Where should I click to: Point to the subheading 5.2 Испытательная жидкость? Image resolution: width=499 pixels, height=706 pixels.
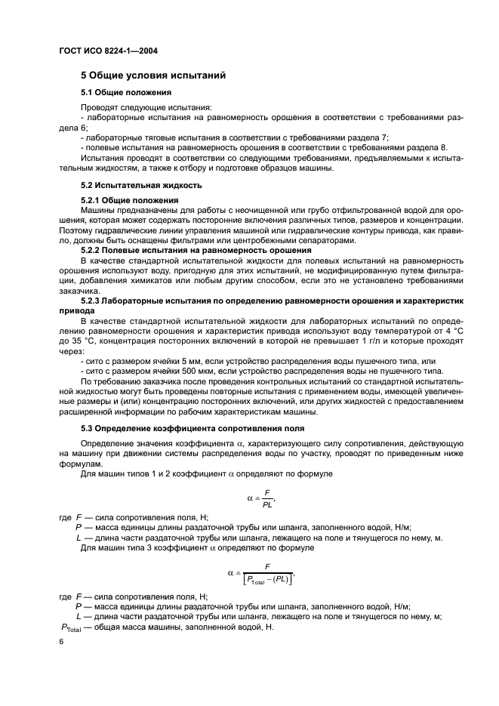click(x=141, y=185)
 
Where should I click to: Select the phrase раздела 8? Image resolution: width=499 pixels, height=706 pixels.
click(x=427, y=147)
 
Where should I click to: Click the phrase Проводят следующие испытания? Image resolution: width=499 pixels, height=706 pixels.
click(x=131, y=107)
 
